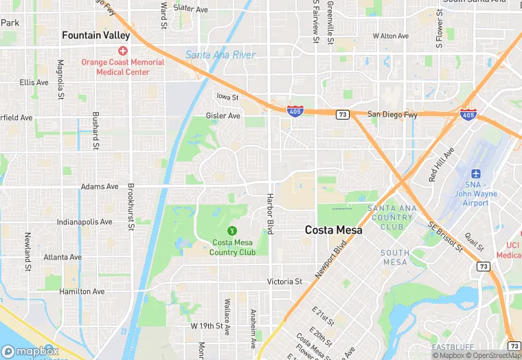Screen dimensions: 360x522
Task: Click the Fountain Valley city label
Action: [x=95, y=35]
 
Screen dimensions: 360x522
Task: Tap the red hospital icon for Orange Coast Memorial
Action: [x=123, y=51]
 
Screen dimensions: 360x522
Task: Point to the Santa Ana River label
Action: [x=220, y=55]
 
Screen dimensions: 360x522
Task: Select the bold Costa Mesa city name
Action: [x=333, y=231]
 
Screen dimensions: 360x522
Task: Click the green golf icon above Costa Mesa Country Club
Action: [x=233, y=230]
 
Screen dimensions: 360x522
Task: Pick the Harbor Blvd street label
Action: [x=269, y=214]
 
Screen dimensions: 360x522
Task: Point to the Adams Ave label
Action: [x=99, y=186]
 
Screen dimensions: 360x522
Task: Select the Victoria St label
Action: [x=284, y=282]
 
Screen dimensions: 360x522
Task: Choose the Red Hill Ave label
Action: [x=441, y=164]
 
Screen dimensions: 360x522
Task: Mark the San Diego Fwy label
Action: [x=392, y=115]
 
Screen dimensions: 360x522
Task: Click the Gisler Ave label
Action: [x=223, y=116]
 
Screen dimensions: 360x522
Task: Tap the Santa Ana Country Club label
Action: [x=391, y=217]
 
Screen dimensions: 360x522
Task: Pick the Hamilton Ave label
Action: [x=82, y=291]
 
